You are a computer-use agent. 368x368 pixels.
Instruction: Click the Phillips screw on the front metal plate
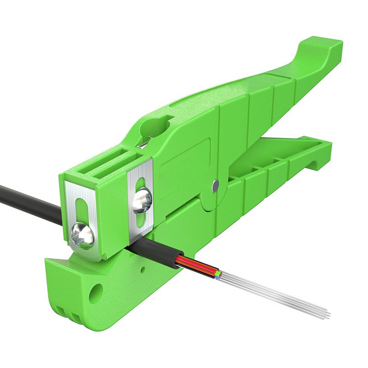click(83, 235)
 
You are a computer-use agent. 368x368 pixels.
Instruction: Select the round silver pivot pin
click(216, 186)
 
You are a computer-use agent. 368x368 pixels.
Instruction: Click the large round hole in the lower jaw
click(96, 292)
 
